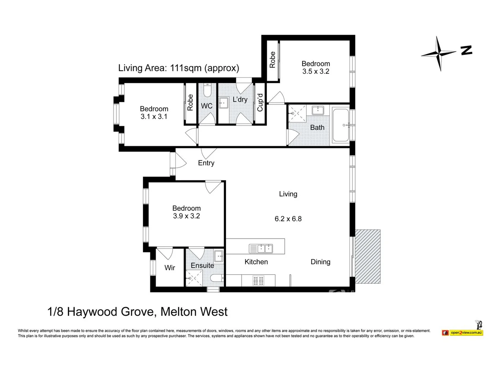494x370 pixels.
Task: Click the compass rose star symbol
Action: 439,53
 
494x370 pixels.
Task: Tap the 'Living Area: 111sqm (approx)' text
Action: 178,68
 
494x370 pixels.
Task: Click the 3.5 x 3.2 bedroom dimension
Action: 316,71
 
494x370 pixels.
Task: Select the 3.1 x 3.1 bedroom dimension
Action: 154,116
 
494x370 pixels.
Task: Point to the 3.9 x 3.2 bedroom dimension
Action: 186,216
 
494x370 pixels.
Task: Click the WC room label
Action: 207,106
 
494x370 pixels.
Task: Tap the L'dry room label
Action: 240,99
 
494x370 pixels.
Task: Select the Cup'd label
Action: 260,102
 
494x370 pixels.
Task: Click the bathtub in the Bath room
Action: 341,125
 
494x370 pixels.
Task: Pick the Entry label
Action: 206,163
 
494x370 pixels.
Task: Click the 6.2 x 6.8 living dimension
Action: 288,219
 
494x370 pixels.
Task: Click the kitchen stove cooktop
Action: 258,281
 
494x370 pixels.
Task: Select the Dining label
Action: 320,262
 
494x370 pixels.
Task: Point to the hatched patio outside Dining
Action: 367,256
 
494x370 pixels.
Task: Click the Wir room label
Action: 169,268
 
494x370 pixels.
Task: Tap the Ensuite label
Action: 202,266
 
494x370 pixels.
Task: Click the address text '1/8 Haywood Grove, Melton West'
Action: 137,312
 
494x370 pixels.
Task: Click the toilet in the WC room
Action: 207,91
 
